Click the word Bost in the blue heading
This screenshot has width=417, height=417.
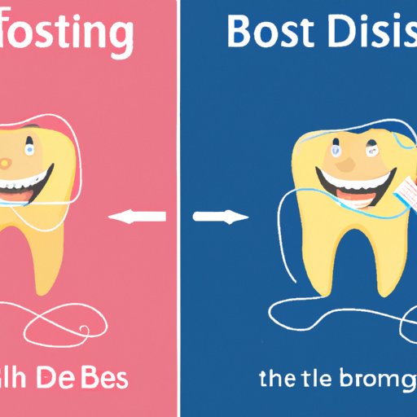(x=269, y=33)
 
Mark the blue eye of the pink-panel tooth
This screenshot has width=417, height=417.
(x=29, y=149)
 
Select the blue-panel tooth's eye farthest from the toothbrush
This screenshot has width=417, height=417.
(x=336, y=151)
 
